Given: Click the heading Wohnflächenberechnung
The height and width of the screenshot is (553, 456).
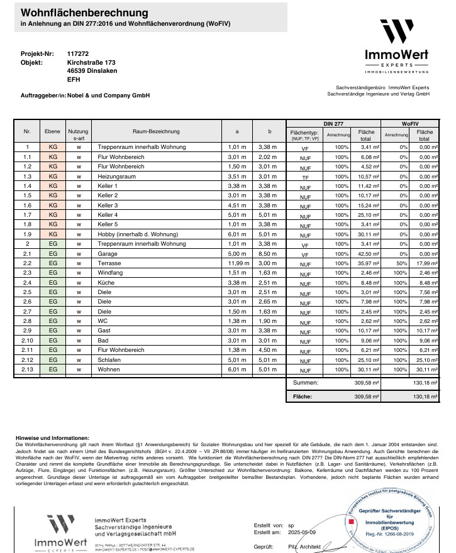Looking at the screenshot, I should click(x=85, y=13).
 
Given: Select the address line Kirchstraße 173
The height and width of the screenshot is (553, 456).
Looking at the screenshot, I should click(x=91, y=63).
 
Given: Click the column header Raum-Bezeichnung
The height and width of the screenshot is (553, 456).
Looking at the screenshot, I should click(x=157, y=131).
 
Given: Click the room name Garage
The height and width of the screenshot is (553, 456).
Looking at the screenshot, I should click(x=109, y=253).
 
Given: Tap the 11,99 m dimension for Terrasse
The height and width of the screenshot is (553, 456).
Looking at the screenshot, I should click(x=236, y=263).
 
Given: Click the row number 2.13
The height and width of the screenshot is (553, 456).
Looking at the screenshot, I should click(x=27, y=370).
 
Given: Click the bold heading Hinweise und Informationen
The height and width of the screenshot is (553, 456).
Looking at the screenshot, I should click(x=53, y=437).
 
